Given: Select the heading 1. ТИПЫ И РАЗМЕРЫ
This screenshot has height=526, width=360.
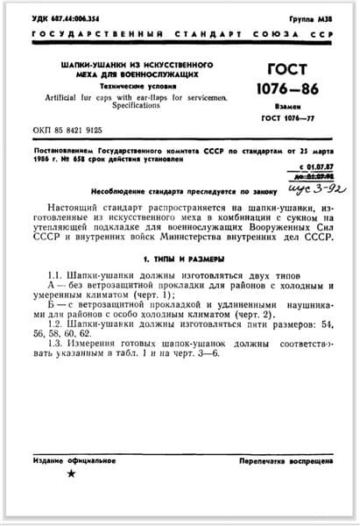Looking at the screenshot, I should tap(179, 260).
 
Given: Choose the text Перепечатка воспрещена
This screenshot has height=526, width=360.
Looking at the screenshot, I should tap(281, 460).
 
